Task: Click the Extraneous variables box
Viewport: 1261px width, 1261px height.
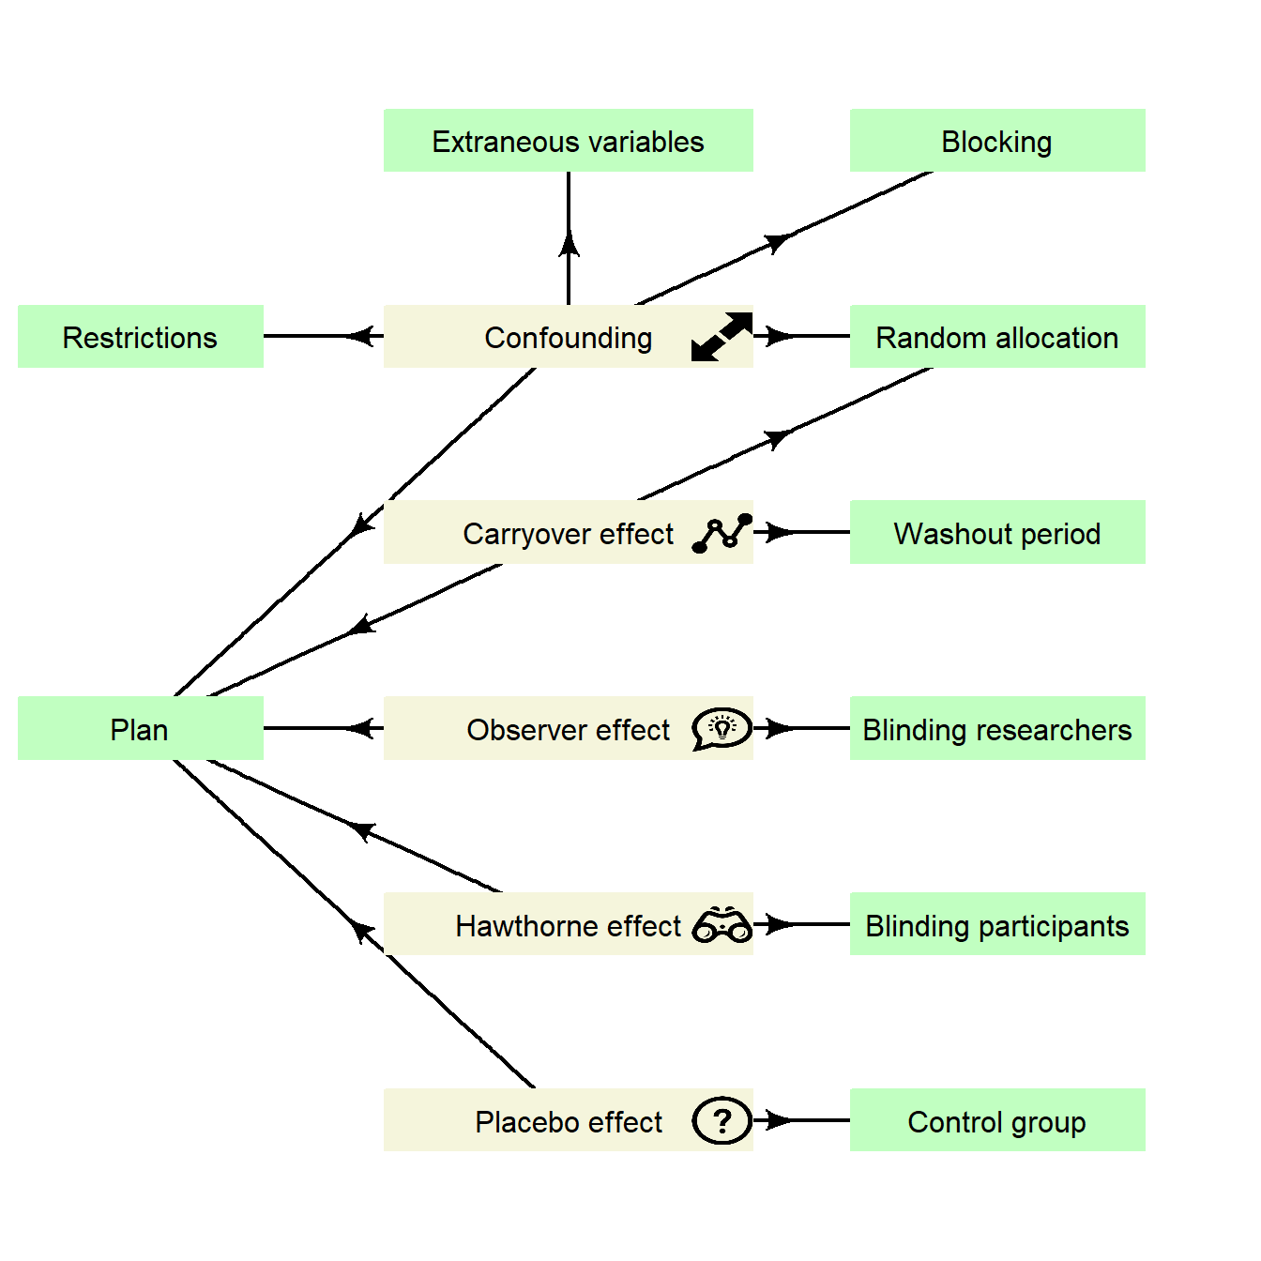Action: click(x=568, y=141)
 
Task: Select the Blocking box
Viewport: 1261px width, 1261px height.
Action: click(x=996, y=141)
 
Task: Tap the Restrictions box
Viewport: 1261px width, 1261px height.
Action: click(x=140, y=337)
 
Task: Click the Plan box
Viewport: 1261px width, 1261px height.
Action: click(x=140, y=729)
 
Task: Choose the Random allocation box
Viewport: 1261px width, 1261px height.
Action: click(x=996, y=337)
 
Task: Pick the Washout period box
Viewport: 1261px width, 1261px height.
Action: click(x=996, y=533)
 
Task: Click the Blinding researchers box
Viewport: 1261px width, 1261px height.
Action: click(x=996, y=729)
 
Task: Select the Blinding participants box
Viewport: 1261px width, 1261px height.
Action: click(x=996, y=925)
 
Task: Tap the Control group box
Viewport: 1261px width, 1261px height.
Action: click(x=996, y=1121)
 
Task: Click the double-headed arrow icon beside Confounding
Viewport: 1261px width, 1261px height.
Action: click(x=722, y=337)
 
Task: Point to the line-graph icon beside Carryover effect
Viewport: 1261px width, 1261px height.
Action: click(x=722, y=533)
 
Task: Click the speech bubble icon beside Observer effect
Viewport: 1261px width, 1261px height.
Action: click(x=722, y=729)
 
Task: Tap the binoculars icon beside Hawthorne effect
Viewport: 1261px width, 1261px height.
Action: click(x=722, y=925)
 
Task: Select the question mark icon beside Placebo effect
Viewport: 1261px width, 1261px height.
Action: click(x=722, y=1120)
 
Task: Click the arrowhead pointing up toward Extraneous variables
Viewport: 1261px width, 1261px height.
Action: click(x=569, y=244)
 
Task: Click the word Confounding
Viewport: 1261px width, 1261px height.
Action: click(x=568, y=338)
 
